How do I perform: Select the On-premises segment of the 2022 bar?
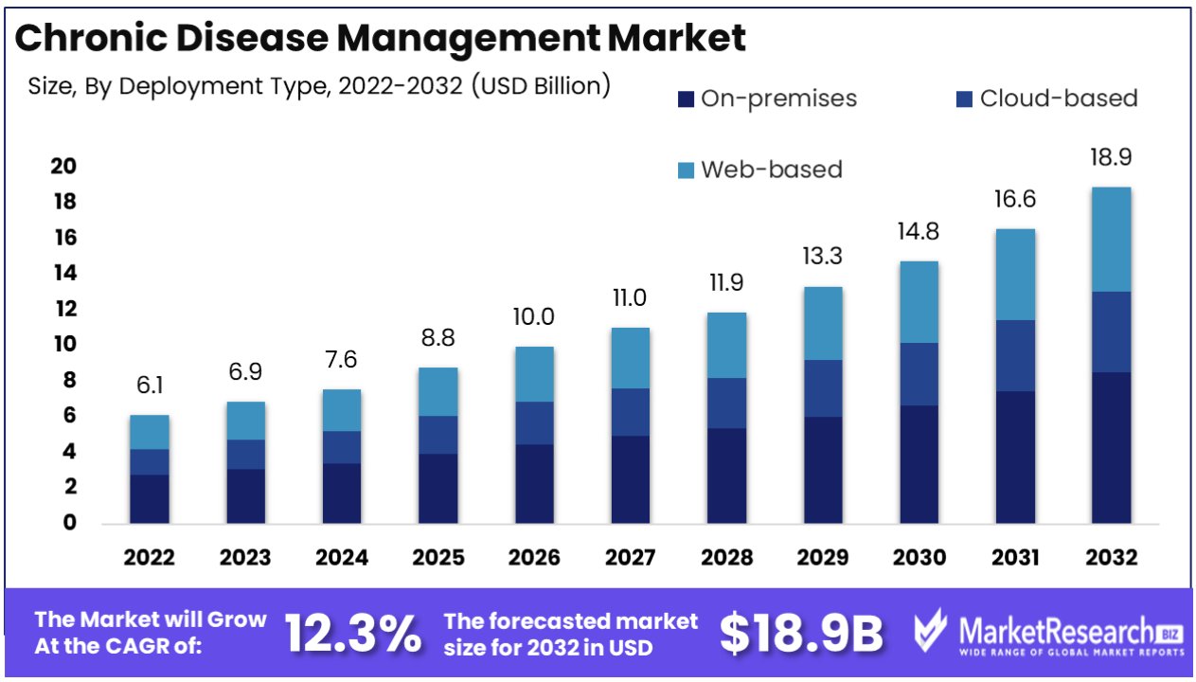tap(150, 498)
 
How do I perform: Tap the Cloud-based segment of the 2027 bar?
tap(630, 412)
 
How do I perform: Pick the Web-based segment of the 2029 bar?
tap(823, 323)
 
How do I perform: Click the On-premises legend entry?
tap(768, 99)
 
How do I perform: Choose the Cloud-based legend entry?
tap(1047, 99)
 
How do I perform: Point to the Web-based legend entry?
tap(759, 170)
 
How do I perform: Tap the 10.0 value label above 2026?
tap(534, 317)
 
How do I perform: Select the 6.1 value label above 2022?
tap(150, 386)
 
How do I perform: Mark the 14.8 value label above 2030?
tap(919, 232)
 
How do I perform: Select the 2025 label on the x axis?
tap(437, 558)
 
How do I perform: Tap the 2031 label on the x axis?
tap(1015, 558)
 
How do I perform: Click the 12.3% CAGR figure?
tap(352, 634)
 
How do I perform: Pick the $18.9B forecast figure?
tap(801, 634)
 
